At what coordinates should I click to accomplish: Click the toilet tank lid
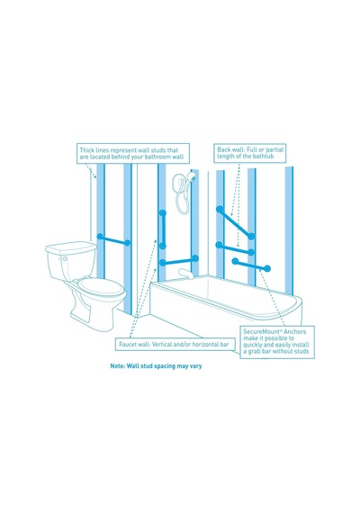click(71, 247)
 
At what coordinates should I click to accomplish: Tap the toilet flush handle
click(63, 259)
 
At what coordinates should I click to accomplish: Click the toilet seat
click(102, 287)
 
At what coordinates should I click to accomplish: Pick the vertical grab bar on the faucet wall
click(162, 229)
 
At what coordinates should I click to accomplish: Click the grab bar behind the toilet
click(113, 239)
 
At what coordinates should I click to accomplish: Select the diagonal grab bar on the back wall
click(235, 222)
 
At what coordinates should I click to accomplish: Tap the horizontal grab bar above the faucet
click(179, 260)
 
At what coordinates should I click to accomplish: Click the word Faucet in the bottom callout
click(127, 344)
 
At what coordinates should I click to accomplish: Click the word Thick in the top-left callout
click(87, 150)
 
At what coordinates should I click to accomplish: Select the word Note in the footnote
click(117, 365)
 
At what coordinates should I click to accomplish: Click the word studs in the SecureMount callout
click(301, 351)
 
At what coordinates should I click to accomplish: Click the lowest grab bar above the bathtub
click(251, 265)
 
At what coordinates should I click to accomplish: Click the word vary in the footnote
click(195, 366)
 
